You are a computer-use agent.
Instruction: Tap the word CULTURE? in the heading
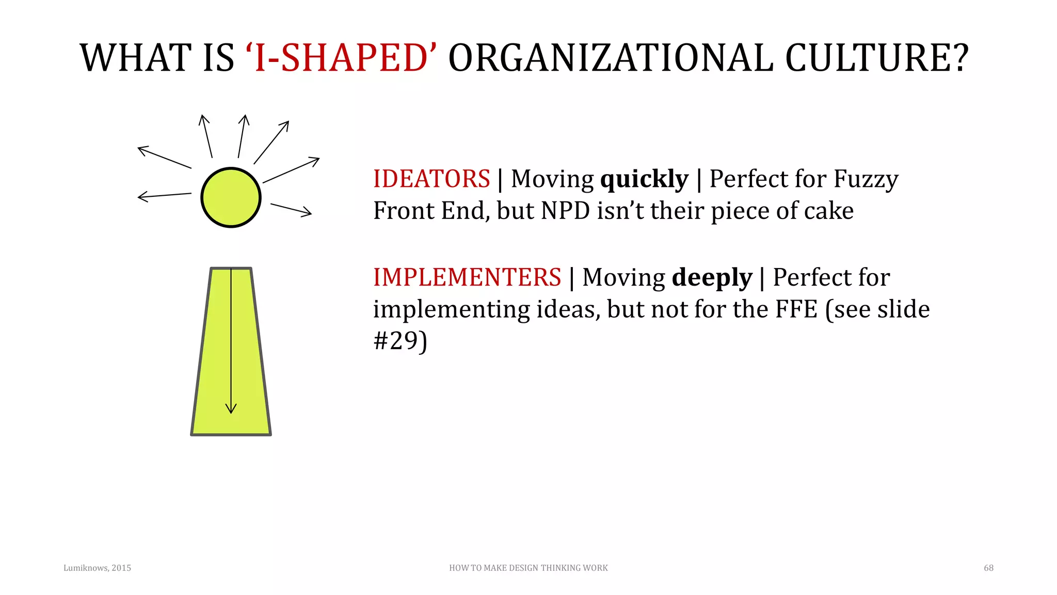tap(877, 57)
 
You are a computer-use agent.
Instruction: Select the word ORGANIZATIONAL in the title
tap(611, 57)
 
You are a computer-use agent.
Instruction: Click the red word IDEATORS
tap(431, 179)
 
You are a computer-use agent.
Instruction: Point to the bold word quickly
tap(644, 180)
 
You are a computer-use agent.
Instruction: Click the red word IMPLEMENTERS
tap(467, 277)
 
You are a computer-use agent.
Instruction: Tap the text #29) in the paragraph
tap(400, 341)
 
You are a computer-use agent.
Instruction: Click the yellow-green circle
tap(231, 197)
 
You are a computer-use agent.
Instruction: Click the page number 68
tap(988, 568)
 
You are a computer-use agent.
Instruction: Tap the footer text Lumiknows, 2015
tap(97, 568)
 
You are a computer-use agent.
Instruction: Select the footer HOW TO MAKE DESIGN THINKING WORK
tap(528, 568)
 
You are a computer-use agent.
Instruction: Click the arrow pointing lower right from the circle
tap(292, 209)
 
